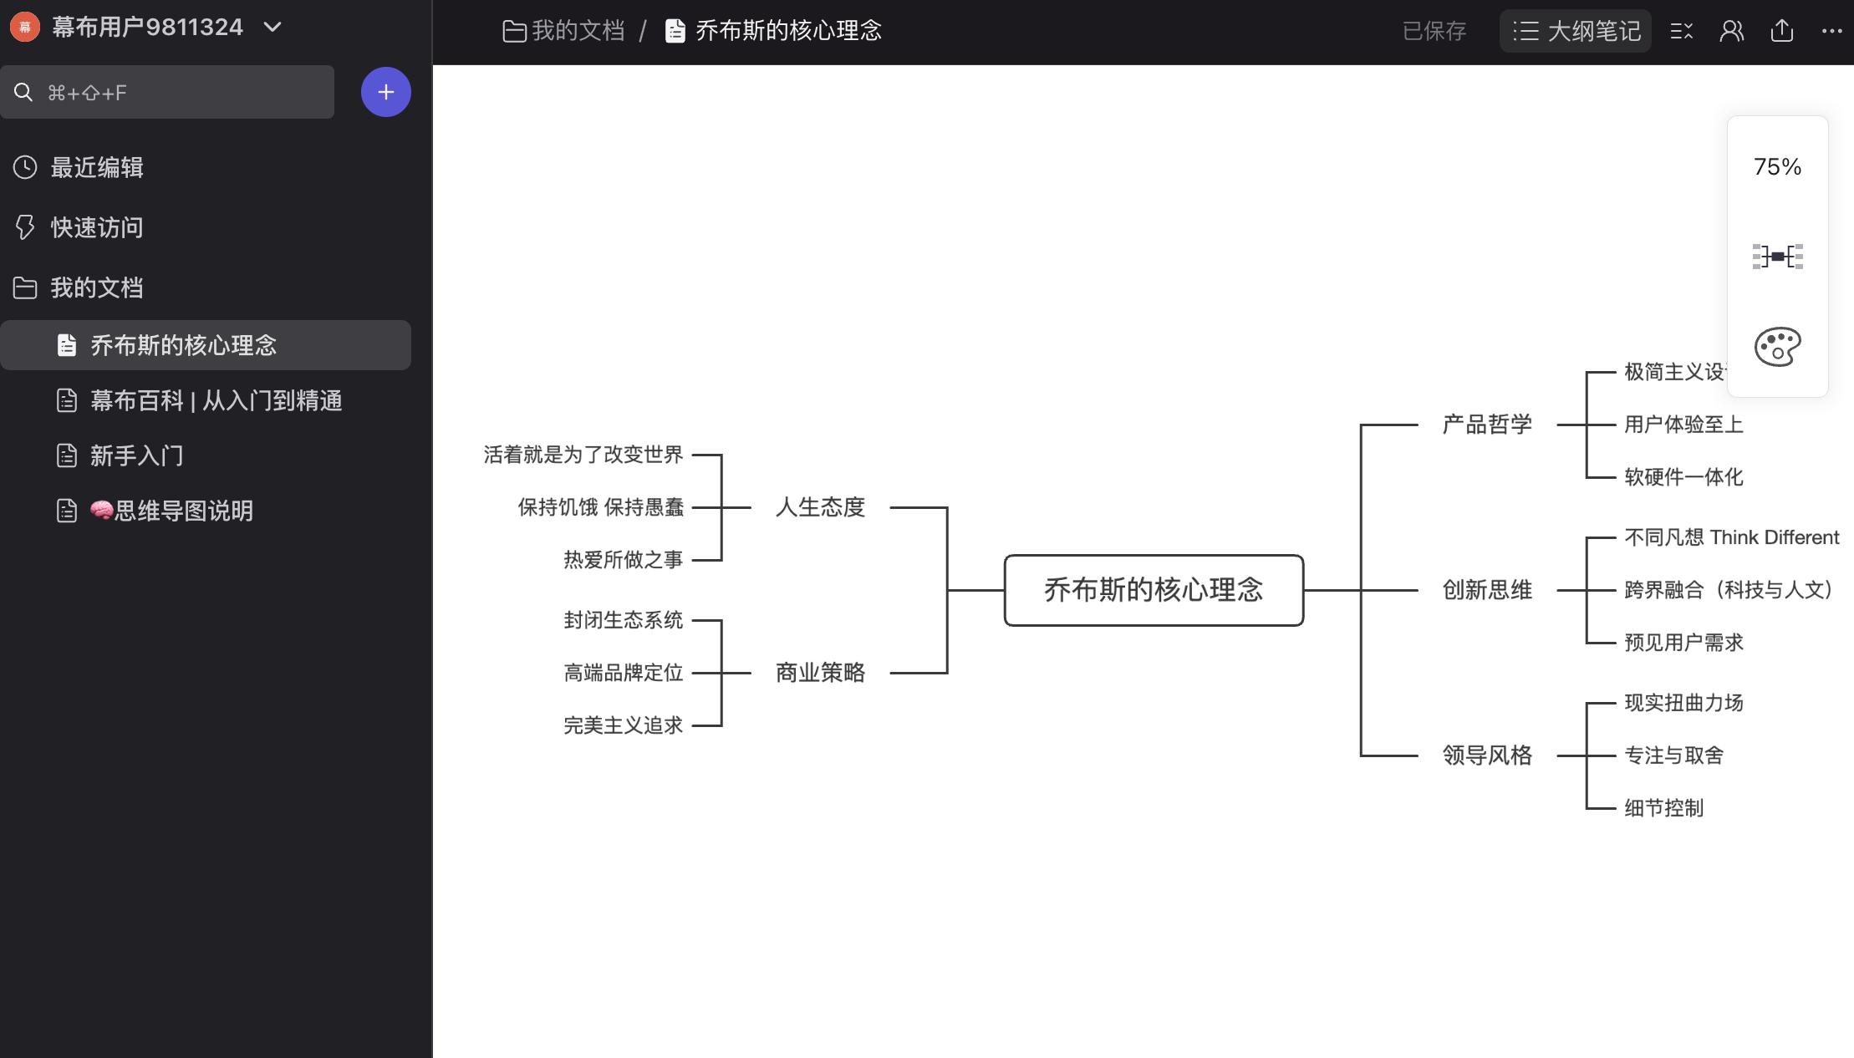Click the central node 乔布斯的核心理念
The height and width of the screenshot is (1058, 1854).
pyautogui.click(x=1154, y=590)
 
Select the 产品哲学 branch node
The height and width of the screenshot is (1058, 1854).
pyautogui.click(x=1487, y=425)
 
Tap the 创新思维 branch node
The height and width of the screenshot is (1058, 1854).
pyautogui.click(x=1487, y=590)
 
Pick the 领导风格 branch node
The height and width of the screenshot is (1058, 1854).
pyautogui.click(x=1487, y=755)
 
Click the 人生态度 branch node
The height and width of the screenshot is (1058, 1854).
pyautogui.click(x=820, y=507)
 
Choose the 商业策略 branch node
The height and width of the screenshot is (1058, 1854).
pyautogui.click(x=820, y=673)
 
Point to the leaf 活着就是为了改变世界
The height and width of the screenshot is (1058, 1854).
pyautogui.click(x=583, y=455)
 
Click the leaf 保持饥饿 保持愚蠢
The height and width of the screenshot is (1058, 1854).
pyautogui.click(x=600, y=507)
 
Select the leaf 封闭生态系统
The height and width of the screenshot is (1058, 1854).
pyautogui.click(x=623, y=620)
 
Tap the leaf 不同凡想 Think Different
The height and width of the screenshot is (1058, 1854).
pyautogui.click(x=1731, y=537)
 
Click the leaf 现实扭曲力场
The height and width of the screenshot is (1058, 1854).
pyautogui.click(x=1683, y=703)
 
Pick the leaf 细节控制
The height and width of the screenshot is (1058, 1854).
pyautogui.click(x=1663, y=808)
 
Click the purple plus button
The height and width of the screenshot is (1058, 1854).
pyautogui.click(x=385, y=92)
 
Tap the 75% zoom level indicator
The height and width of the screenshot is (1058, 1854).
pyautogui.click(x=1777, y=167)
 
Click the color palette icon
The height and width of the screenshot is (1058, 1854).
pyautogui.click(x=1777, y=347)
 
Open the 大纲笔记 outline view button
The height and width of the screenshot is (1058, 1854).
pyautogui.click(x=1576, y=31)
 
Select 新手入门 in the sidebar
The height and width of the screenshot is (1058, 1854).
pyautogui.click(x=136, y=456)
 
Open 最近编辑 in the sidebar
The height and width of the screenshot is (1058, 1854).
pyautogui.click(x=96, y=168)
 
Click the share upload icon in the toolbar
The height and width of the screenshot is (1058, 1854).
pyautogui.click(x=1782, y=31)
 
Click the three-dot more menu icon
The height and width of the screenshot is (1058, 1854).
pyautogui.click(x=1831, y=31)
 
